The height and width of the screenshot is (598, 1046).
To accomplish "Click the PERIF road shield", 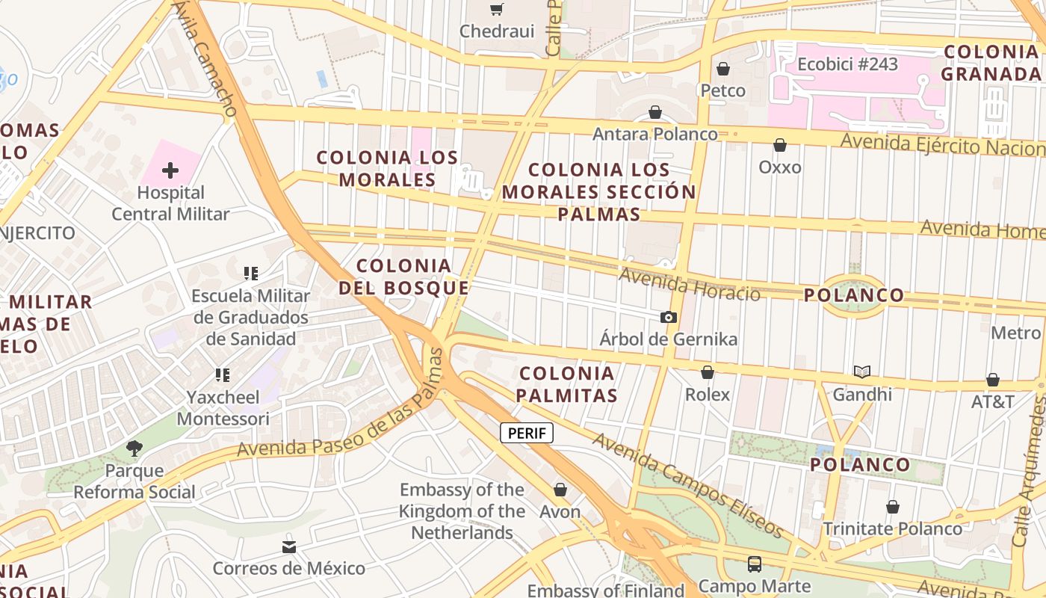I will coord(527,433).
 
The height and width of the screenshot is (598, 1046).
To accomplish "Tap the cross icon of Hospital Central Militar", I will coord(170,170).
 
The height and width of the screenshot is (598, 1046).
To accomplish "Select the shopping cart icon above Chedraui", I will coord(496,9).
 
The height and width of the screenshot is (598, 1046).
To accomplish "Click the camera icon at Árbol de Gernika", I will coord(669,318).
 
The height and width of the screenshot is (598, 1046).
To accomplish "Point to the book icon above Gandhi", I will coord(862,372).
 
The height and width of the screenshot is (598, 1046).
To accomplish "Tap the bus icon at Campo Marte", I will coord(755,564).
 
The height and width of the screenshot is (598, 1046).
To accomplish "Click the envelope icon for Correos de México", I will coord(289,547).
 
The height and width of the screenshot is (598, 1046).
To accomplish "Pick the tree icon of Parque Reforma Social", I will coord(134,449).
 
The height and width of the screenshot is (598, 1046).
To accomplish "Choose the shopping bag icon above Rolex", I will coord(708,372).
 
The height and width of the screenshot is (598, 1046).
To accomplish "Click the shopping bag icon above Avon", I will coord(560,490).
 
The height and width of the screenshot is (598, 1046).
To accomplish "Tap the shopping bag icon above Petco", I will coord(722,69).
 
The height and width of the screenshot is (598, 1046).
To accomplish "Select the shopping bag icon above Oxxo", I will coord(780,145).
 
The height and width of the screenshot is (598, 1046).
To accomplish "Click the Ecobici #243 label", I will coord(847,64).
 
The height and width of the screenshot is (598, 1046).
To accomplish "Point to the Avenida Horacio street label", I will coord(690,285).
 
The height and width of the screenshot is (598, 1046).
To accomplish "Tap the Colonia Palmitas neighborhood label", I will coord(568,384).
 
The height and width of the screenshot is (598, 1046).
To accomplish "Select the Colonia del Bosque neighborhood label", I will coord(404,277).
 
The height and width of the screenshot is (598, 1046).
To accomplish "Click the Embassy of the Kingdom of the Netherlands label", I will coord(462,511).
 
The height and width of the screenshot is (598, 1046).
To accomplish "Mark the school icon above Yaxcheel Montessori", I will coord(223,374).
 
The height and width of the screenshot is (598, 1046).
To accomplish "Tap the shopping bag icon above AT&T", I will coord(993,380).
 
